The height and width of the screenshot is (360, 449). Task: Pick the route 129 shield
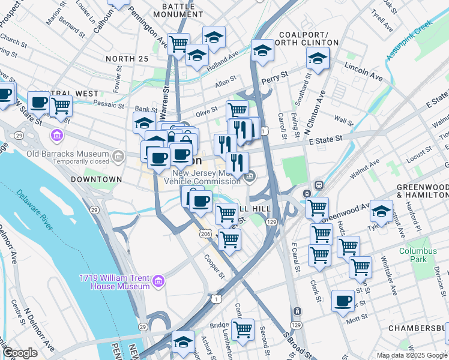[x=272, y=223]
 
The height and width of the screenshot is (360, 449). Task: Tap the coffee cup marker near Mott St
[x=343, y=301]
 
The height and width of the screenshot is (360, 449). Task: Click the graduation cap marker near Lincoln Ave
[x=318, y=58]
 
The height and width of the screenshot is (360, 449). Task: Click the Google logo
[x=20, y=353]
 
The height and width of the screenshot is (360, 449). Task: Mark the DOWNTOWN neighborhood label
[x=96, y=179]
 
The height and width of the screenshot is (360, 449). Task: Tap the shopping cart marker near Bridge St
[x=243, y=329]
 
